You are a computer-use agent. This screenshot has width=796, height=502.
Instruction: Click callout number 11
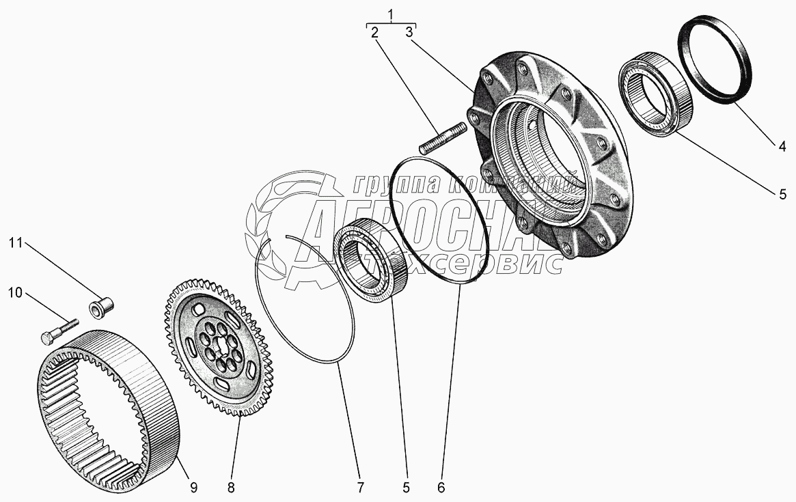click(x=16, y=242)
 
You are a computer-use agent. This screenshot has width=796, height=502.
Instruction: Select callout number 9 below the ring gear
click(x=193, y=487)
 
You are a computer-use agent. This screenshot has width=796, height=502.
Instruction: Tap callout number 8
click(x=231, y=487)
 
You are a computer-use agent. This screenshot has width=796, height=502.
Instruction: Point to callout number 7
click(x=359, y=487)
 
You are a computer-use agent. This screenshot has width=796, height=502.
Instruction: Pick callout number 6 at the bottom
click(x=441, y=487)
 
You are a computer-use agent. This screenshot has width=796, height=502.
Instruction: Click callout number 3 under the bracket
click(x=409, y=32)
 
